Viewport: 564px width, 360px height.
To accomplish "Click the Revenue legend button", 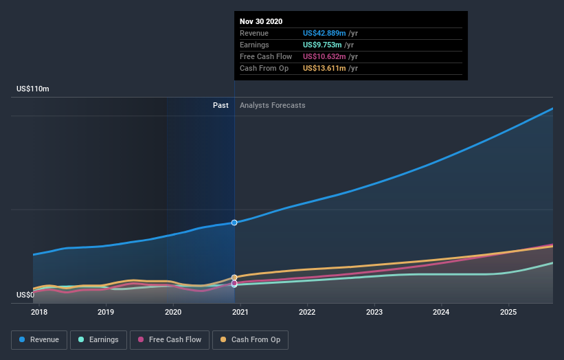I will pos(40,339).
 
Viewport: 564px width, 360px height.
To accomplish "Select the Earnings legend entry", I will pos(98,339).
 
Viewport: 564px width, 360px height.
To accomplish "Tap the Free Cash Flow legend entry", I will pos(170,339).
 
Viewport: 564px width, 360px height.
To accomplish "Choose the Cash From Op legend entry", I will pos(251,339).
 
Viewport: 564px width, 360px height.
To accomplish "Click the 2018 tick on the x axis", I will pos(39,312).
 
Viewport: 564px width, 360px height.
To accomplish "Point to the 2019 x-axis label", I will pos(106,312).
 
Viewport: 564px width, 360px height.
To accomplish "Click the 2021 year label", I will pos(240,312).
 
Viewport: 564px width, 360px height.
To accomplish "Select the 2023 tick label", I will pos(374,312).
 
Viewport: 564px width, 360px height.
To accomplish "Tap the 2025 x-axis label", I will pos(508,312).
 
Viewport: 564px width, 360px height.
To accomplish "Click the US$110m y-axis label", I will pos(33,89).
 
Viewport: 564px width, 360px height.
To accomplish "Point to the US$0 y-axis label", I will pos(25,295).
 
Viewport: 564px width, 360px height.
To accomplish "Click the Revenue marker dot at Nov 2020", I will pos(234,223).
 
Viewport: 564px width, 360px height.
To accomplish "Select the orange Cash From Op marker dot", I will pos(234,278).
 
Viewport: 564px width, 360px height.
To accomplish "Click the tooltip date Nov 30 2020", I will pos(261,22).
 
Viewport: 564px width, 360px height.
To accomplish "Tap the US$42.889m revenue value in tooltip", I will pos(325,34).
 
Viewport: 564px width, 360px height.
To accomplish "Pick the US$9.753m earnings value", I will pos(322,45).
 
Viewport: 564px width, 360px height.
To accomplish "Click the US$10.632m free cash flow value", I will pos(325,57).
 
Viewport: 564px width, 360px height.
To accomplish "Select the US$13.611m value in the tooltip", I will pos(325,69).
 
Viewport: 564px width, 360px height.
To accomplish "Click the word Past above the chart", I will pos(221,106).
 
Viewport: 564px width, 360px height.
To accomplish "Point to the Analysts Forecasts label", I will pos(273,106).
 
